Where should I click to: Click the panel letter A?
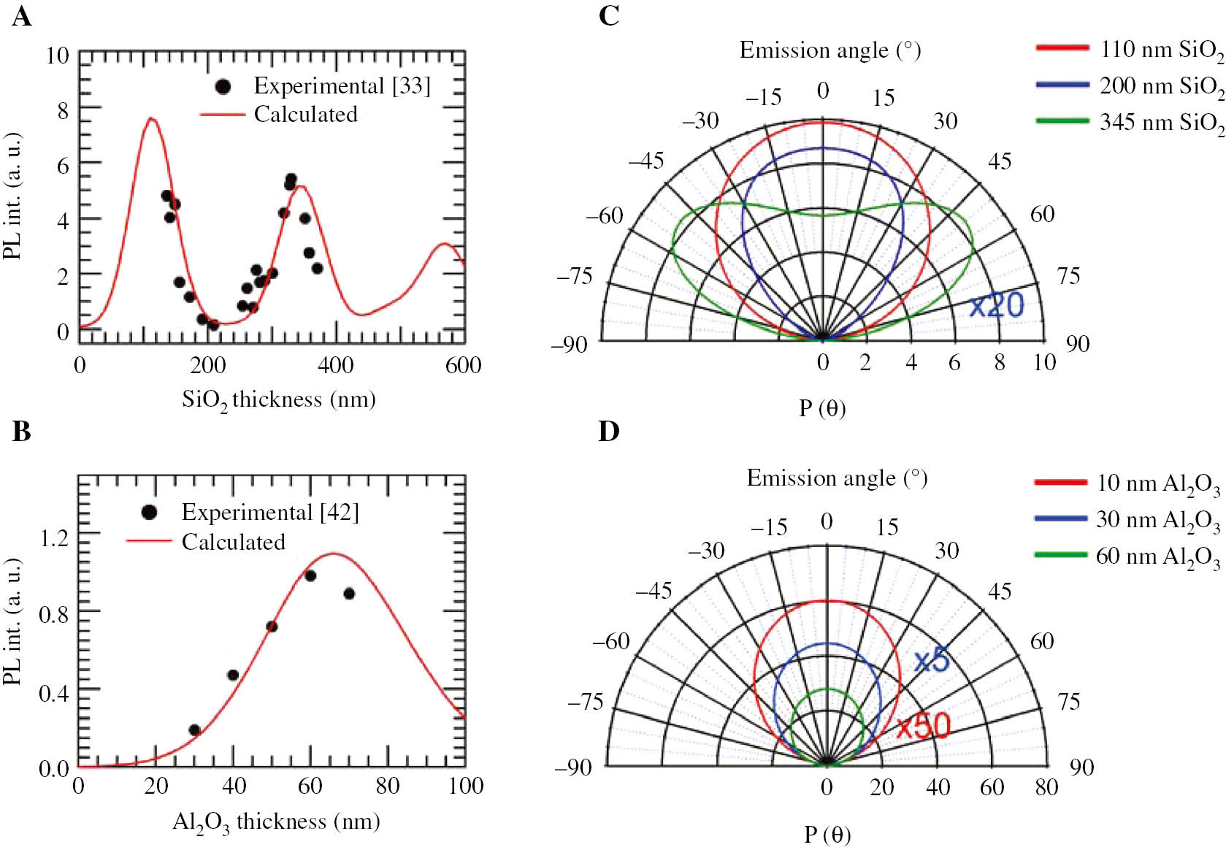tap(22, 15)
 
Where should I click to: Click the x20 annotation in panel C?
tap(996, 305)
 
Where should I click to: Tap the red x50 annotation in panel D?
tap(923, 725)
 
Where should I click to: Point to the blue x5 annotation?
tap(931, 660)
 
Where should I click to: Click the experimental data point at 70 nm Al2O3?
tap(349, 594)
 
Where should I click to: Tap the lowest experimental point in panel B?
tap(194, 730)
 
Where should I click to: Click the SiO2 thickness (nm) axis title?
tap(278, 400)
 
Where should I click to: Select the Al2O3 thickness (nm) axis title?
tap(275, 822)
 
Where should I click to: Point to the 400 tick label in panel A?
tap(335, 364)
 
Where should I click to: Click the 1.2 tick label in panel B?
tap(53, 538)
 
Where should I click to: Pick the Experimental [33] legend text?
tap(342, 85)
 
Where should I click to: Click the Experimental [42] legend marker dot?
tap(149, 513)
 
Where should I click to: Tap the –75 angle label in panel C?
tap(575, 276)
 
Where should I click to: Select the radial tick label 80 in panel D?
tap(1046, 786)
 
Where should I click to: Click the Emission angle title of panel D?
tap(837, 478)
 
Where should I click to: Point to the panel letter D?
tap(608, 431)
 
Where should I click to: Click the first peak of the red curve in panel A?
tap(151, 118)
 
